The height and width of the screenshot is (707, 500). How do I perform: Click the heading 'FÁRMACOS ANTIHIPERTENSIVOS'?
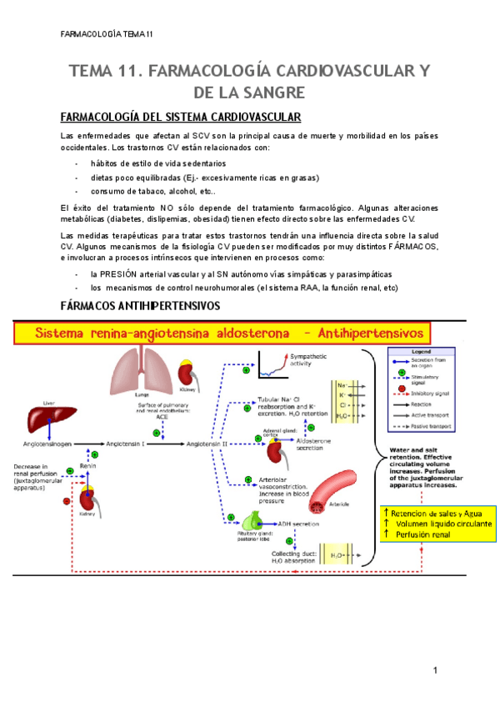(x=141, y=306)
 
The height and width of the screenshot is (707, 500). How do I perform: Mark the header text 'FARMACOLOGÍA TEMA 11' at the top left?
(x=107, y=34)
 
